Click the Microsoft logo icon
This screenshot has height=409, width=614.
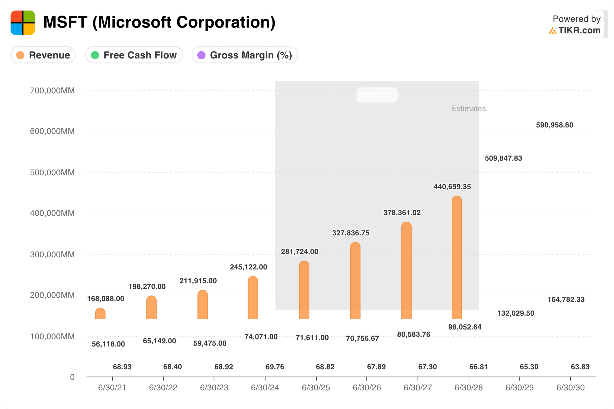[x=23, y=23]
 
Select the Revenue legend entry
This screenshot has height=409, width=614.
[x=43, y=55]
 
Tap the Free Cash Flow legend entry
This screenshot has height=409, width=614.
[x=134, y=55]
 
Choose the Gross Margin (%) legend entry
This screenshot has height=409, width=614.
[x=245, y=55]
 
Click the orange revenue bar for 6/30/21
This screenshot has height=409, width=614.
[x=100, y=314]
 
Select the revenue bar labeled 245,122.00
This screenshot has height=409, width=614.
[x=253, y=298]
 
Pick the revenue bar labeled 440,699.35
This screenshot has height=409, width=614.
[x=457, y=258]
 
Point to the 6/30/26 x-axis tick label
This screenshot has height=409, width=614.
[x=366, y=388]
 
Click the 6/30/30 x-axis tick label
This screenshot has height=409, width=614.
[x=570, y=388]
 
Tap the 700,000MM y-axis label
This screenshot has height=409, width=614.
[x=52, y=91]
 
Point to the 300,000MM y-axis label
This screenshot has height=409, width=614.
[x=52, y=254]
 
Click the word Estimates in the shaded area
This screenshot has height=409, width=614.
[x=468, y=109]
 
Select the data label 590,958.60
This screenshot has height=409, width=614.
[x=555, y=125]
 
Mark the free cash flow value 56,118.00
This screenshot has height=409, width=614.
[x=108, y=344]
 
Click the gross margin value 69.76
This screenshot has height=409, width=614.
[x=275, y=367]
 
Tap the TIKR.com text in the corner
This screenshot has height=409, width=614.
[x=579, y=30]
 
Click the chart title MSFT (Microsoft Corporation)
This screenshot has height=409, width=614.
[x=159, y=22]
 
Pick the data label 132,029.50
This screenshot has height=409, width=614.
[x=516, y=313]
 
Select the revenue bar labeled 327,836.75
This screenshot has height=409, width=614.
[x=355, y=281]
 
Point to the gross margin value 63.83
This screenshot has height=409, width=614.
[x=580, y=367]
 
